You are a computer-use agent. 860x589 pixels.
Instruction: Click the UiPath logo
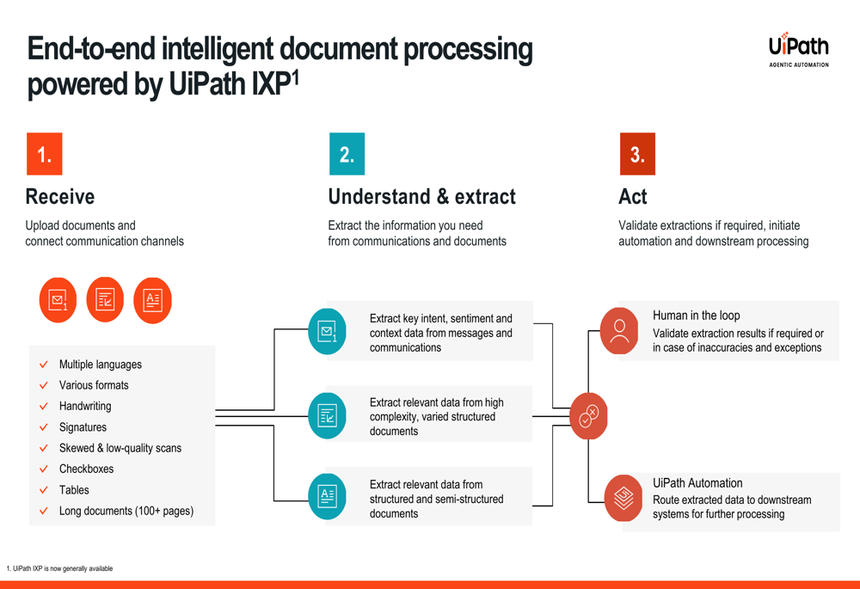tap(799, 49)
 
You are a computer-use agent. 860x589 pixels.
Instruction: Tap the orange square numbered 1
tap(45, 154)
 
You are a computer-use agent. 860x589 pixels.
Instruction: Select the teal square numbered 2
tap(347, 154)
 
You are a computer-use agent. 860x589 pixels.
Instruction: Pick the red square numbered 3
tap(637, 154)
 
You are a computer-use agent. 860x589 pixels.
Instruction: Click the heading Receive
tap(60, 196)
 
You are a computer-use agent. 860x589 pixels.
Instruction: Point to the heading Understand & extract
tap(421, 196)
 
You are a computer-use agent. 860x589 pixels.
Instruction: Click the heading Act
tap(632, 196)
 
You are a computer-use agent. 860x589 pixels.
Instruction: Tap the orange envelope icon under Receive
tap(58, 300)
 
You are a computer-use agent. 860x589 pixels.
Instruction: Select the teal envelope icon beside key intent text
tap(327, 331)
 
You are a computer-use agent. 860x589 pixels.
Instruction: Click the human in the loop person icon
tap(619, 331)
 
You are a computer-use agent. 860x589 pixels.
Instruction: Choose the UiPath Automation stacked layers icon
tap(623, 498)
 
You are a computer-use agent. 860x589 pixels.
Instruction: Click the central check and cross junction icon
tap(588, 416)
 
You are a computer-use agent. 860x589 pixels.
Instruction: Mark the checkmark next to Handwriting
tap(44, 407)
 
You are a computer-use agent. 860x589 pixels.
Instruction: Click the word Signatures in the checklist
tap(83, 427)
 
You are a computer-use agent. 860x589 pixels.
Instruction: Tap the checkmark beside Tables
tap(44, 490)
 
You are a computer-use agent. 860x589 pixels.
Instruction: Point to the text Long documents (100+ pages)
tap(126, 511)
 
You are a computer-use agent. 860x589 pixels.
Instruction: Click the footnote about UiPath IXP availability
tap(60, 568)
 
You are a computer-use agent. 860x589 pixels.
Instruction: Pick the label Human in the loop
tap(696, 316)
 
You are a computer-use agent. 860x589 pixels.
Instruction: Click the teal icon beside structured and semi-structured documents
tap(327, 496)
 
